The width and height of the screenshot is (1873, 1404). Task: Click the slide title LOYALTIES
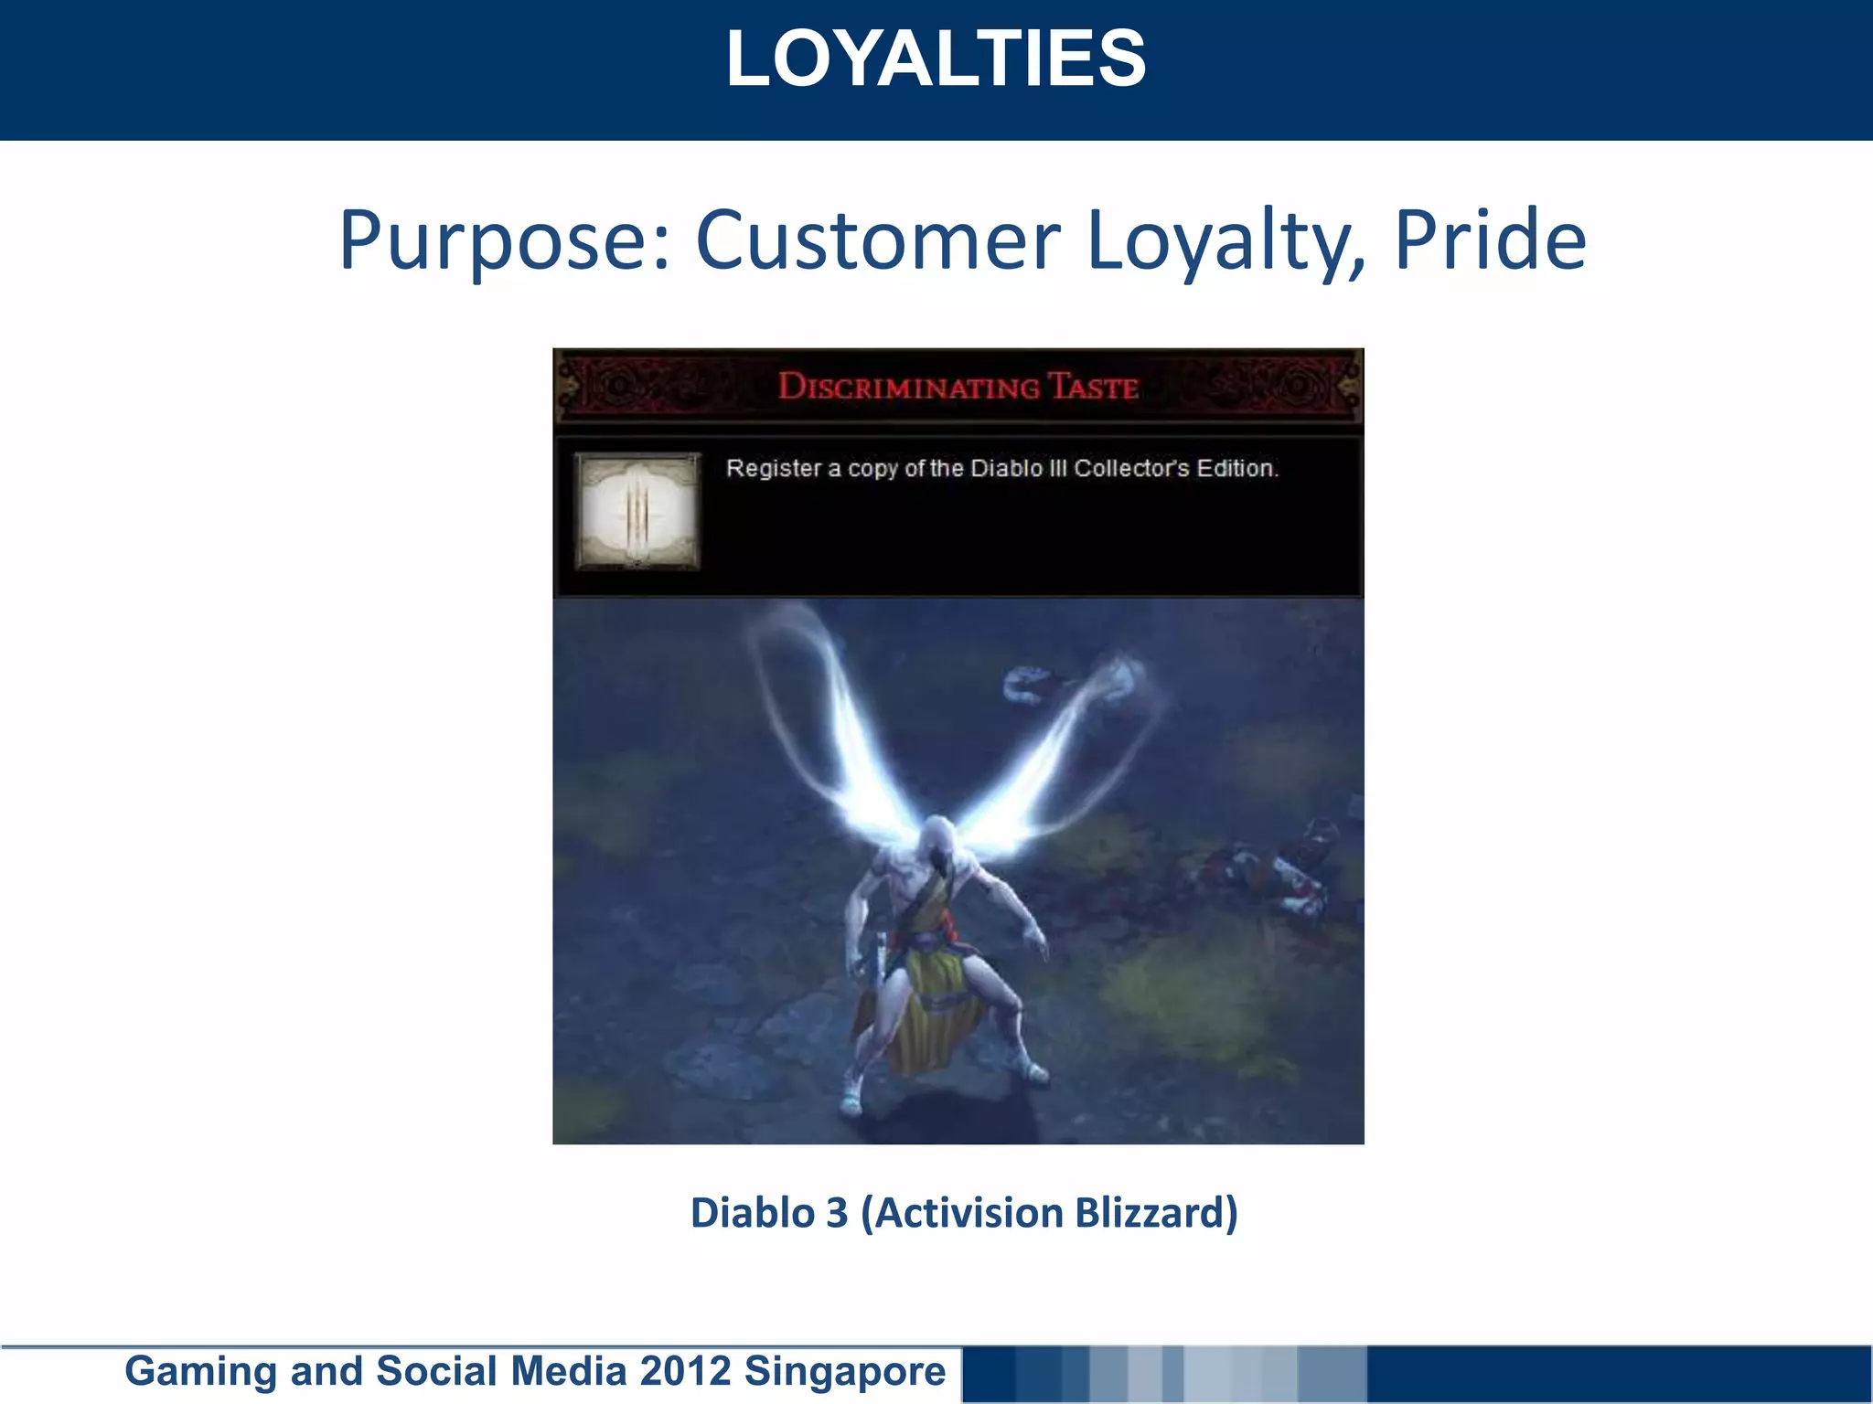click(x=936, y=58)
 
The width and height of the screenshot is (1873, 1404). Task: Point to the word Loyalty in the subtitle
click(x=1225, y=242)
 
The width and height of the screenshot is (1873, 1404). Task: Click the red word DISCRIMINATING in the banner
click(x=908, y=387)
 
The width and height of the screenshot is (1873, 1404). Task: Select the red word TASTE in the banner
click(x=1094, y=387)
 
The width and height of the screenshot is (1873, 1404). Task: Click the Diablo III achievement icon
click(x=637, y=511)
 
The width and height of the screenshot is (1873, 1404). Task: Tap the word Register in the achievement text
click(x=774, y=469)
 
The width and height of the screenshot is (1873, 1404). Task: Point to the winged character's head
click(x=938, y=836)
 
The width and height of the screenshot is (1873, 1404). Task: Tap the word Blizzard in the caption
click(x=1156, y=1213)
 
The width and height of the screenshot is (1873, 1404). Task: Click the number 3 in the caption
click(x=837, y=1213)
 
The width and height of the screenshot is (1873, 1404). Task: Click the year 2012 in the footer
click(x=685, y=1371)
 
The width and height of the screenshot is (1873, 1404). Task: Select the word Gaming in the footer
click(x=200, y=1371)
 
